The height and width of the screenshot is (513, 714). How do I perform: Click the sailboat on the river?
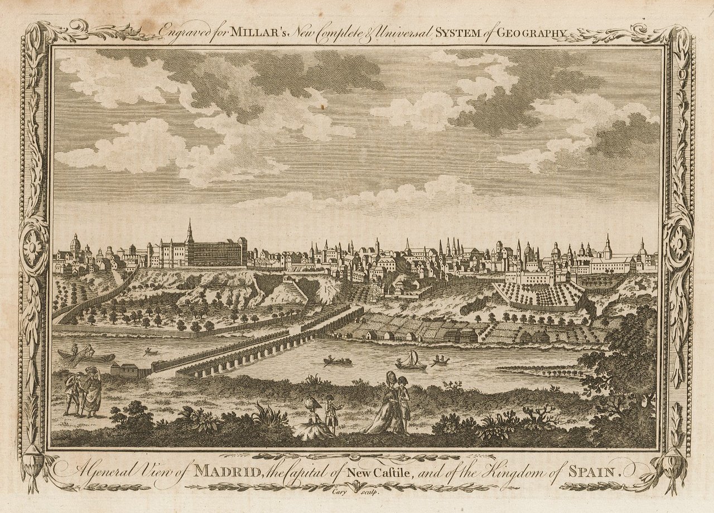pyautogui.click(x=411, y=361)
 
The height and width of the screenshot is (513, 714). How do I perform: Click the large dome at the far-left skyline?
pyautogui.click(x=75, y=244)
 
